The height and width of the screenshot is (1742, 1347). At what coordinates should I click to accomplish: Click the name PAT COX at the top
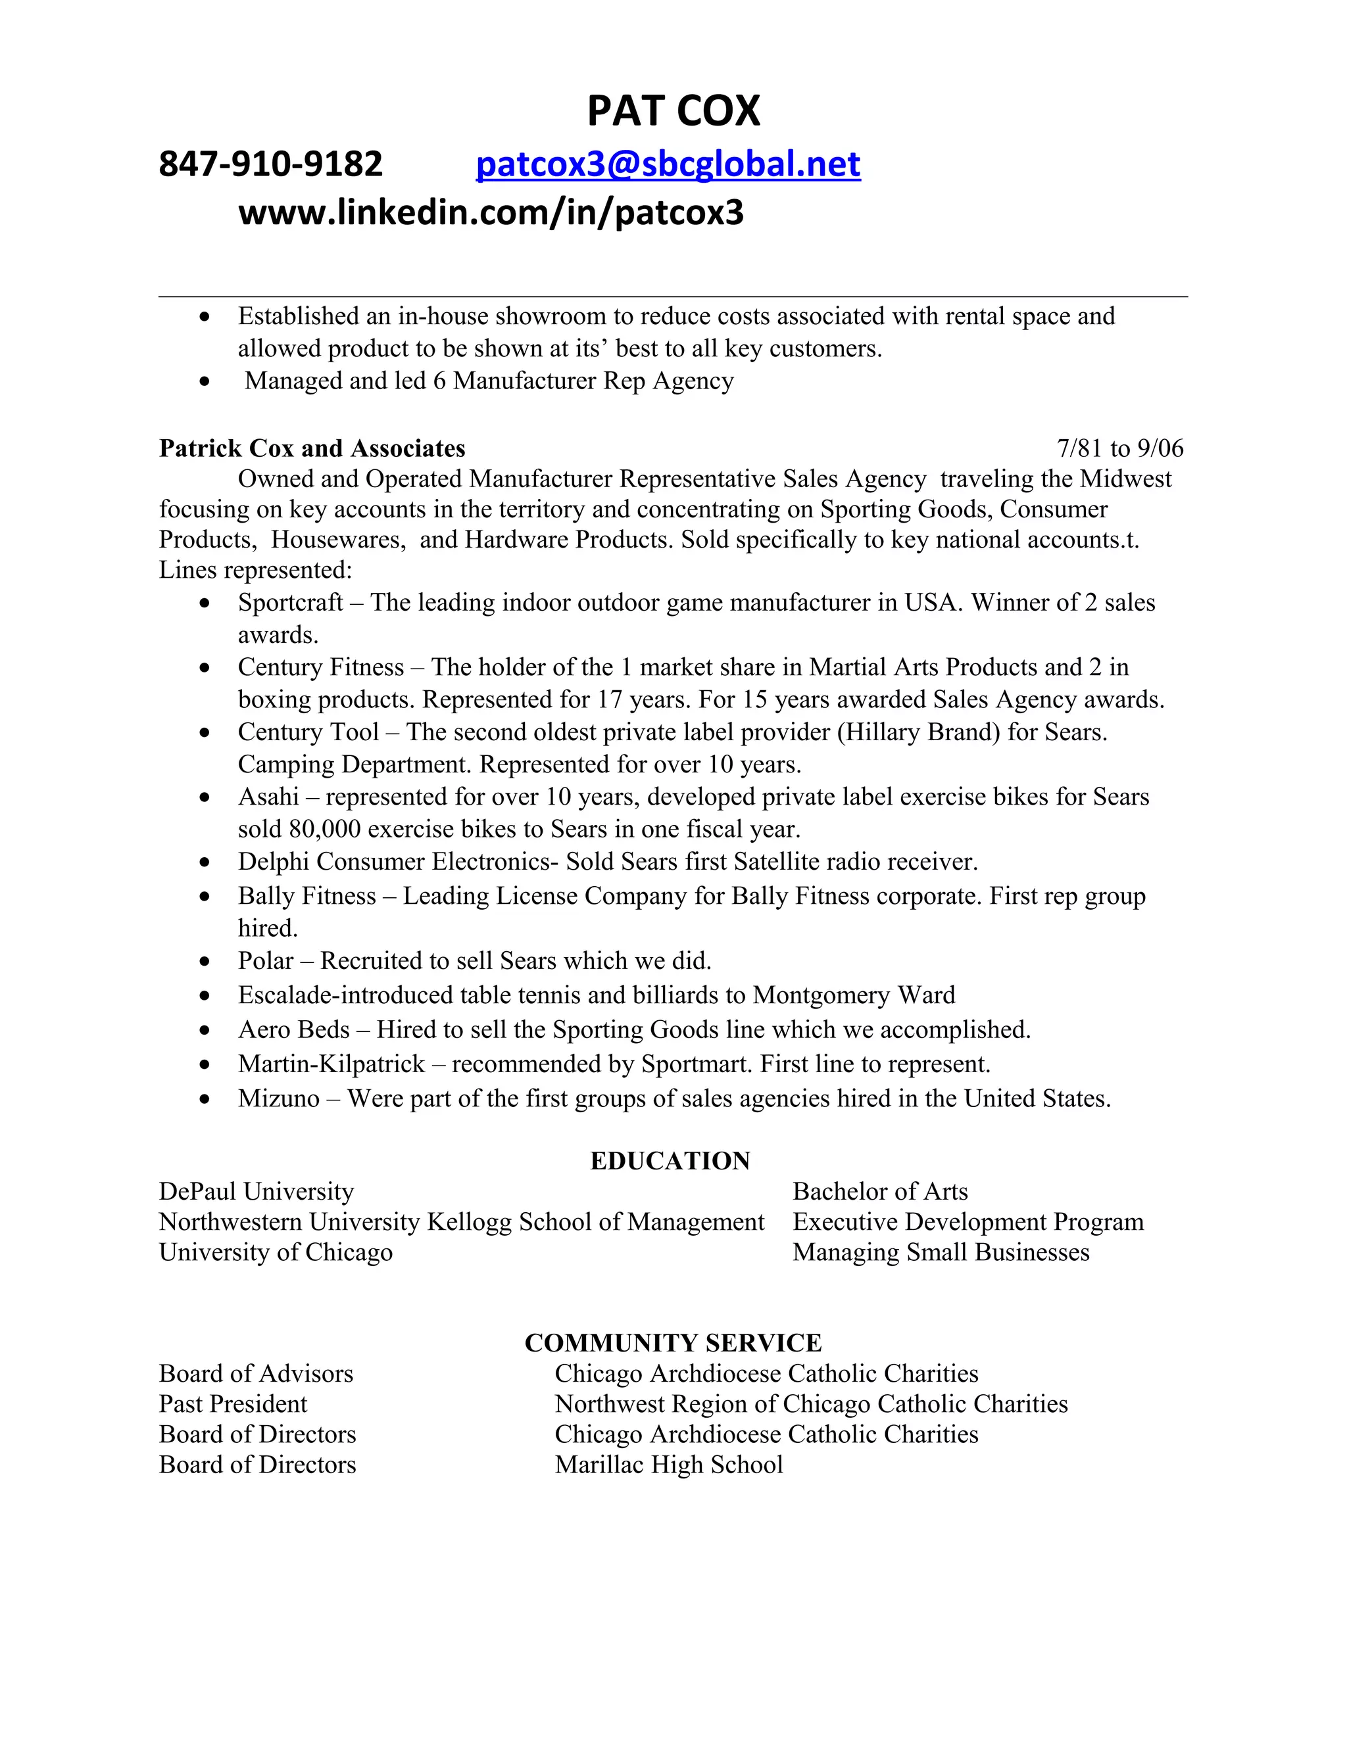click(673, 111)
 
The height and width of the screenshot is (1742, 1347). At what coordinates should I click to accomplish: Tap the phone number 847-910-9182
click(270, 164)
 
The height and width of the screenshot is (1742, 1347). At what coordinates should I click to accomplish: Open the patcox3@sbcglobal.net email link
click(668, 164)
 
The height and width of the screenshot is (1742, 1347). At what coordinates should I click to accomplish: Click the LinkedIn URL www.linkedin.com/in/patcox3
click(491, 213)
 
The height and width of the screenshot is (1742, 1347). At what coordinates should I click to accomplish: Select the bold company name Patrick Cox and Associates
click(312, 448)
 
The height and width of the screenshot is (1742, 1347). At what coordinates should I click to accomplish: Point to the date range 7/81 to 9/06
click(1119, 448)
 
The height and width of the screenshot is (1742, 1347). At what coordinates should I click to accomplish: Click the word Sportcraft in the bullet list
click(291, 602)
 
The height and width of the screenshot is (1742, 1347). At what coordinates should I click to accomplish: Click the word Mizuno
click(278, 1099)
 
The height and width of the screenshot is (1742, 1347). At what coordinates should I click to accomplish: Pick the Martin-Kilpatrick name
click(331, 1064)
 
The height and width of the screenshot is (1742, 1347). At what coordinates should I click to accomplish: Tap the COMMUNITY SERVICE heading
click(673, 1343)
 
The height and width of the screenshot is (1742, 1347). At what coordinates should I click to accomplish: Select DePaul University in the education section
click(256, 1192)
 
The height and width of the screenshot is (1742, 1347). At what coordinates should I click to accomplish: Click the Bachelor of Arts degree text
click(880, 1192)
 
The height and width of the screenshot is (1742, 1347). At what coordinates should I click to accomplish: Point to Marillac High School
click(669, 1465)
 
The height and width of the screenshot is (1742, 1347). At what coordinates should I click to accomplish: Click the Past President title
click(233, 1404)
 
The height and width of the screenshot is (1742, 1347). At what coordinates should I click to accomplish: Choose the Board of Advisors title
click(256, 1373)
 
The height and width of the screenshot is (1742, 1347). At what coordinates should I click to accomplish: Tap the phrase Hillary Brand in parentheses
click(918, 732)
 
